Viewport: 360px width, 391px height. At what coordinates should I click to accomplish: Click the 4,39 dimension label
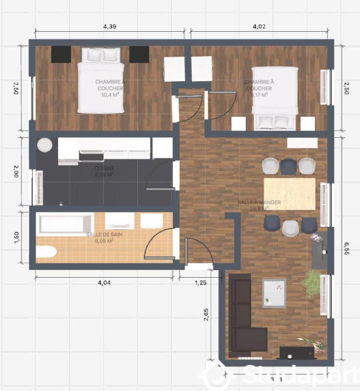pos(109,26)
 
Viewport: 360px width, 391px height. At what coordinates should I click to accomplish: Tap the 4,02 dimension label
pos(258,26)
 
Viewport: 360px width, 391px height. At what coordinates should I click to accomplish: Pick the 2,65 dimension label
pos(207,317)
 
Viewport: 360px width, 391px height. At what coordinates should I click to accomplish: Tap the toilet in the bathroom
pos(46,252)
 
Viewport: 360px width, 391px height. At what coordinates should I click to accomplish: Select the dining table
pos(289,194)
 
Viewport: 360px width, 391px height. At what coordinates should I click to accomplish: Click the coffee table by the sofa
pos(274,293)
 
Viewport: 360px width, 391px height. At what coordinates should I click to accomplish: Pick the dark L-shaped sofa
pos(243,318)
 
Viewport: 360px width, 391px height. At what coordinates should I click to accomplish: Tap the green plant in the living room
pos(311,283)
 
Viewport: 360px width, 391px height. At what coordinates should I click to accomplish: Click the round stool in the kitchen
pos(44,145)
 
